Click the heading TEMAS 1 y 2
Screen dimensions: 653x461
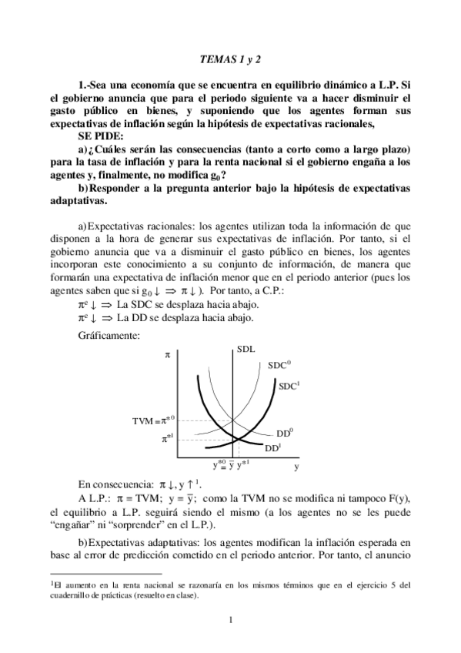229,57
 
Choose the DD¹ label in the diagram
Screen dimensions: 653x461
272,447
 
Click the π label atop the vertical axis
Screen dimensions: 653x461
167,355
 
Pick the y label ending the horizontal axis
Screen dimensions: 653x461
297,466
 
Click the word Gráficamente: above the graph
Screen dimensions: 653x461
107,336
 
